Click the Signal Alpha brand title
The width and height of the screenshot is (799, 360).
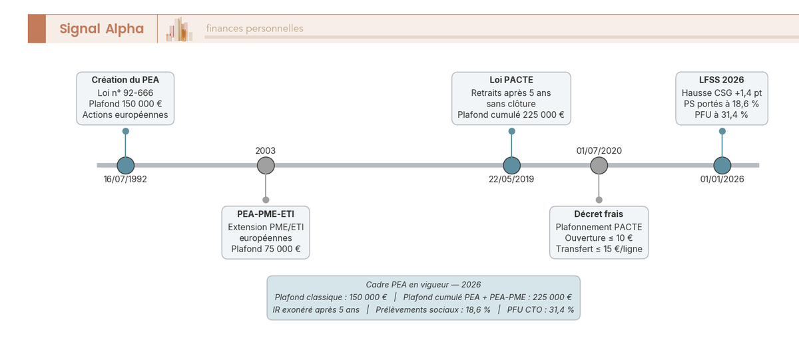pos(102,29)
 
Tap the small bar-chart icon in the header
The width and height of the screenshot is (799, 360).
pos(179,29)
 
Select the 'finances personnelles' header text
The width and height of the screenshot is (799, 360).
pos(254,29)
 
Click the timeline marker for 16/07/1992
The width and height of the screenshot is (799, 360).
pos(126,166)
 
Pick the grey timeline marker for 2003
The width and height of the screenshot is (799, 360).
pos(266,166)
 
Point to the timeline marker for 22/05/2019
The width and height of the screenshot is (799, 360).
pos(511,166)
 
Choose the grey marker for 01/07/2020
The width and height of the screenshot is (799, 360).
pos(599,166)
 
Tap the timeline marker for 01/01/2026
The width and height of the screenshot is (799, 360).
pos(722,166)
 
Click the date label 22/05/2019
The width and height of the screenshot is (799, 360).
pos(511,179)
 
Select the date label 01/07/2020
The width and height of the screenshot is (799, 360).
pos(599,151)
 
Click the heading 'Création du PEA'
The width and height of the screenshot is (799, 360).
pos(125,80)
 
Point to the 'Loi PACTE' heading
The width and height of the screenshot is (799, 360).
pos(511,80)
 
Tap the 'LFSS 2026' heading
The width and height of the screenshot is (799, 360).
pos(721,80)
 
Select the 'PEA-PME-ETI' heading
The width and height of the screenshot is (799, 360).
pos(266,214)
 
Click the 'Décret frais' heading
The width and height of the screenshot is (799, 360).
pos(599,214)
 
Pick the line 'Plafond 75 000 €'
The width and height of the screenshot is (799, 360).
pos(266,249)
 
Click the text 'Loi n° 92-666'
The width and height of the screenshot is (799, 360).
pos(125,93)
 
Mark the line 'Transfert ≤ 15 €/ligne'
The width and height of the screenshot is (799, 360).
pos(599,249)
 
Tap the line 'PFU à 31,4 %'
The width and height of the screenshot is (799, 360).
pos(721,114)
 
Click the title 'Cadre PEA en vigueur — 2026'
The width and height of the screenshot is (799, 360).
pos(423,284)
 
